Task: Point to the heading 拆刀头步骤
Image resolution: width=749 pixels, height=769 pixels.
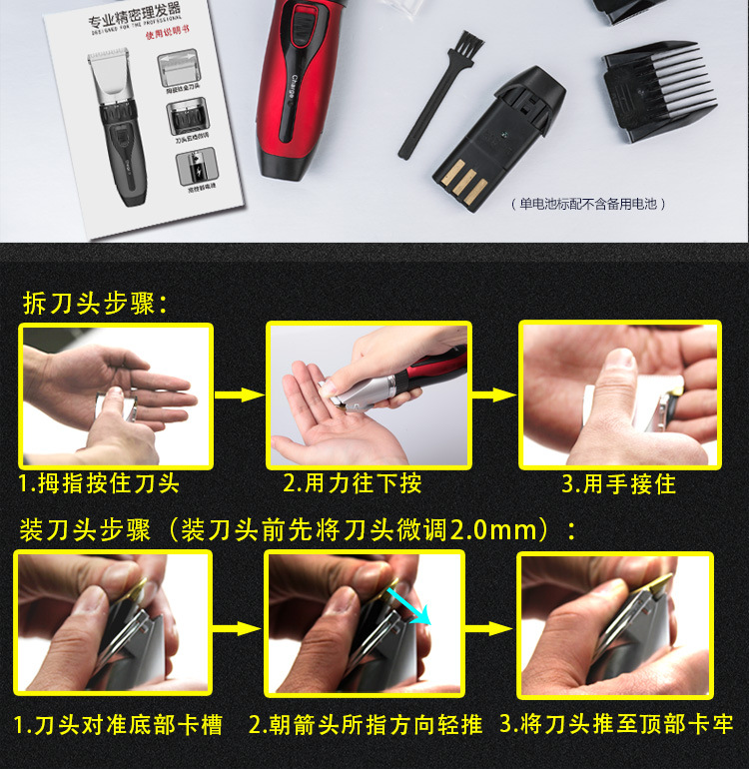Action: pyautogui.click(x=96, y=303)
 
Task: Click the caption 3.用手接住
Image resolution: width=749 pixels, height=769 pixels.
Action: pyautogui.click(x=618, y=484)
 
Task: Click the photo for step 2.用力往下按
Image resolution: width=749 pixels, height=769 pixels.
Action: pyautogui.click(x=369, y=395)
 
